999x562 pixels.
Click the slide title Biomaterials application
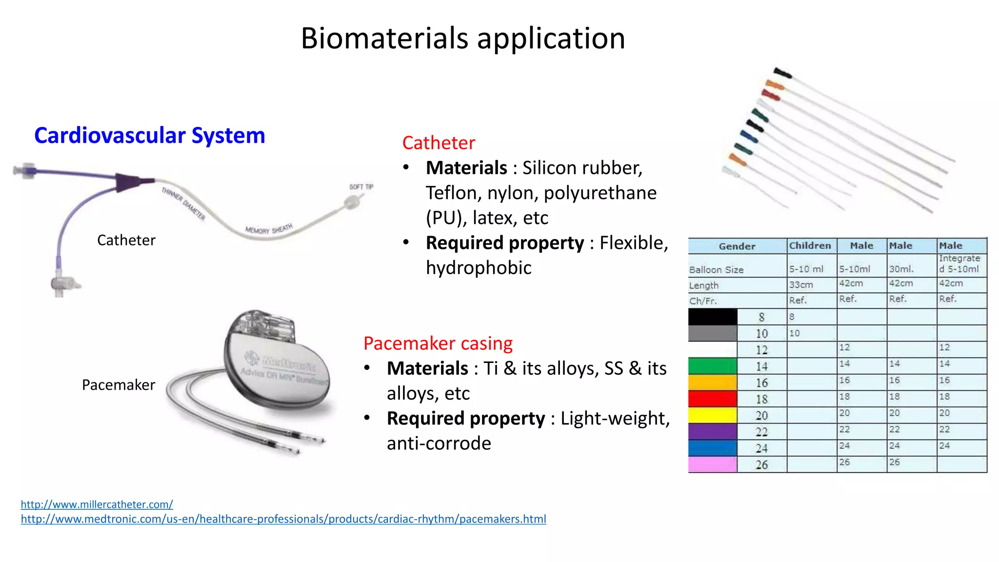coord(462,38)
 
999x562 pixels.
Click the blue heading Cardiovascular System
coord(149,135)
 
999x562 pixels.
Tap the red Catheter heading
coord(438,142)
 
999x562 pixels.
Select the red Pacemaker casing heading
coord(438,343)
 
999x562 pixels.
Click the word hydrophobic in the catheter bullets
coord(478,267)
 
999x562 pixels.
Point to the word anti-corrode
coord(439,443)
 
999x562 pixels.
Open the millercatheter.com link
coord(97,504)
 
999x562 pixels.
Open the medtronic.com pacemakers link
coord(283,519)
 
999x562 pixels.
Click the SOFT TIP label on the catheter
coord(361,187)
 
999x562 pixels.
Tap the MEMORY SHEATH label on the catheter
coord(269,229)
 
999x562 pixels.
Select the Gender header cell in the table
coord(737,246)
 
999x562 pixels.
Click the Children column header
coord(810,246)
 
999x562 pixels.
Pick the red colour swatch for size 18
coord(712,399)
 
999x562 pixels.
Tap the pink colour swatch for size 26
coord(712,464)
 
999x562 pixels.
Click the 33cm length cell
coord(801,284)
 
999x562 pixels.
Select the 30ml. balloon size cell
coord(901,269)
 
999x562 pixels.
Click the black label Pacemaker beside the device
coord(118,385)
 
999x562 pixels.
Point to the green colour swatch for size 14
coord(712,366)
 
